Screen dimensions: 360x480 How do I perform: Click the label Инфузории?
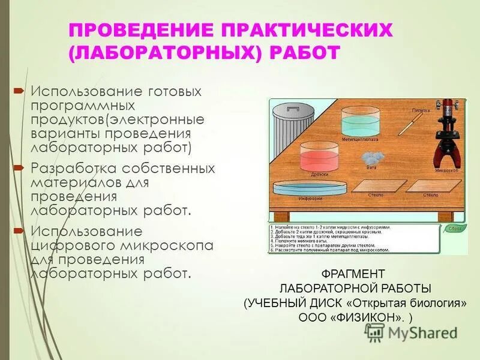(x=311, y=198)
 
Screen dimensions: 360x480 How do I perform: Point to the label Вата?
(x=371, y=167)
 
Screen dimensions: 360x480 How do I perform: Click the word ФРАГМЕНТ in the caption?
(x=355, y=274)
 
